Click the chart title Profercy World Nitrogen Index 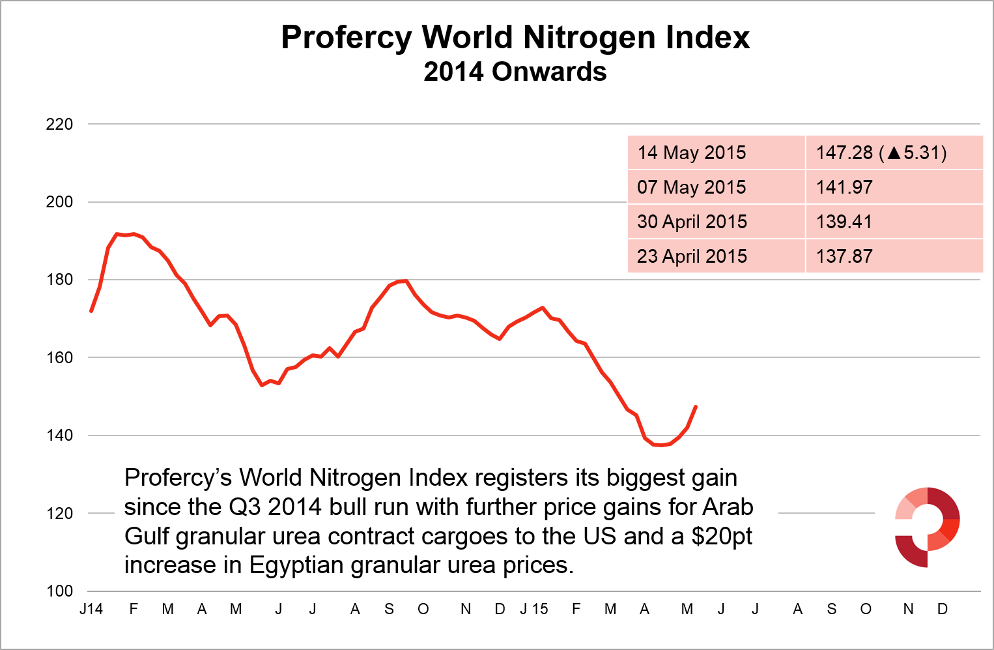[515, 38]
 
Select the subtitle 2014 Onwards [515, 72]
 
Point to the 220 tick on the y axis [59, 124]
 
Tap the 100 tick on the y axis [59, 591]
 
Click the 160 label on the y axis [59, 357]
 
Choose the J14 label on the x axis [91, 609]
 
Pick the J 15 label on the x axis [534, 609]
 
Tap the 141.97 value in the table [844, 187]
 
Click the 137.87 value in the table [844, 256]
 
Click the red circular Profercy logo [927, 527]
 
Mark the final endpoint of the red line [696, 407]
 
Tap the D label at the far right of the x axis [943, 609]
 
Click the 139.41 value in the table [844, 222]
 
